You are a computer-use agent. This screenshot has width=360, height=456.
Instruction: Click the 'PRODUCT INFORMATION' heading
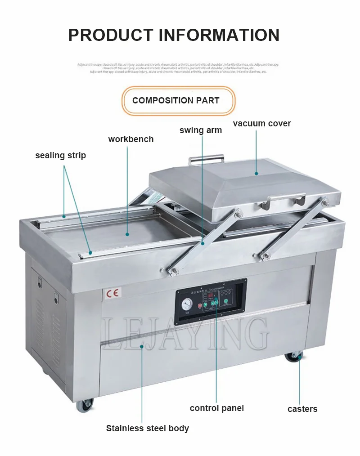click(x=174, y=35)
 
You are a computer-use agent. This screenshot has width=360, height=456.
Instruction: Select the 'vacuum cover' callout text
click(x=262, y=123)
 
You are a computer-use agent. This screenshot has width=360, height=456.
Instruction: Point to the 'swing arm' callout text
click(x=200, y=130)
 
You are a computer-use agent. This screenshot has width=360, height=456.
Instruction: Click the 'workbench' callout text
click(x=130, y=139)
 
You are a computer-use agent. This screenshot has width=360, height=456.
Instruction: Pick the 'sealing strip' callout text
click(x=60, y=156)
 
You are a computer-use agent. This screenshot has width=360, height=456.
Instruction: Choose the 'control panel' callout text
click(x=216, y=408)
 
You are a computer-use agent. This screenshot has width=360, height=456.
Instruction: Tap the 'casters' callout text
click(x=302, y=409)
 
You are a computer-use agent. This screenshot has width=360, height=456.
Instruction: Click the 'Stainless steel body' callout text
click(x=147, y=428)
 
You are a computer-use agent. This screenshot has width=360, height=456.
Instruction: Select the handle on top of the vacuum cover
click(x=206, y=158)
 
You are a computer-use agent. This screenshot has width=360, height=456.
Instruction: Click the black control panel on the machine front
click(x=211, y=301)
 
